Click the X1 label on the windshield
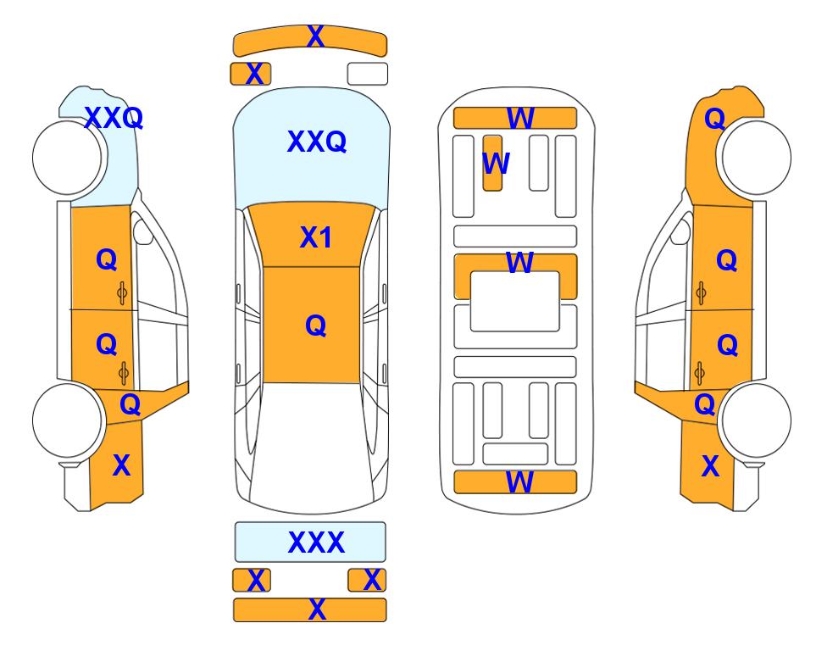[316, 237]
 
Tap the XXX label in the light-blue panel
[316, 542]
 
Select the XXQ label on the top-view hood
[316, 142]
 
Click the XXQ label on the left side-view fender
[114, 118]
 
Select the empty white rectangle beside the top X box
[368, 74]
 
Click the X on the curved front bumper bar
[315, 36]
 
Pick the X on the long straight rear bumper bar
[317, 609]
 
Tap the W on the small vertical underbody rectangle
[496, 163]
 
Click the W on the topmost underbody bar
[520, 118]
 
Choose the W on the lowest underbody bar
[519, 482]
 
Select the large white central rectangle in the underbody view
[514, 301]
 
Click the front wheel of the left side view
[67, 158]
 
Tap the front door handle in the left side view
[122, 293]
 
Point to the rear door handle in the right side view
[700, 373]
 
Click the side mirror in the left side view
[142, 231]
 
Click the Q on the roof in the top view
[316, 326]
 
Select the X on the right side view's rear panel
[710, 465]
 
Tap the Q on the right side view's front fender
[715, 119]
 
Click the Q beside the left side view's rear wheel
[130, 404]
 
